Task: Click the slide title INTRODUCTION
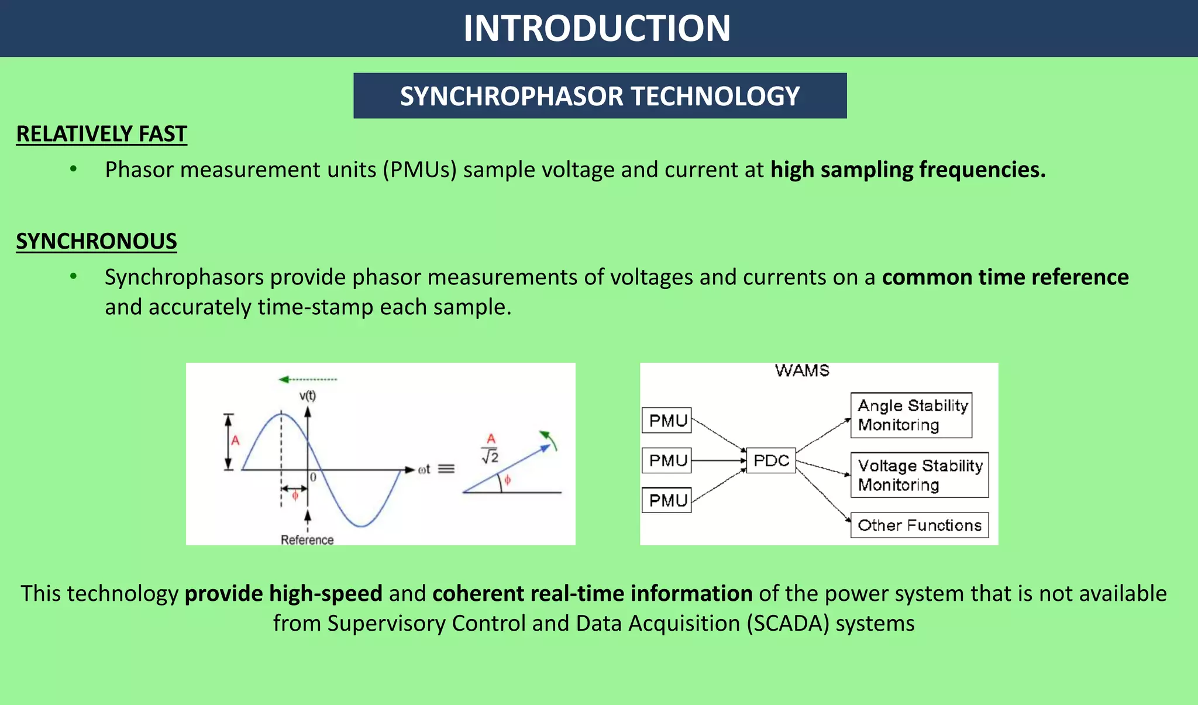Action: pos(597,28)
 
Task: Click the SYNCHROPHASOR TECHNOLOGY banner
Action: pos(600,96)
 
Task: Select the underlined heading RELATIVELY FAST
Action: pos(101,134)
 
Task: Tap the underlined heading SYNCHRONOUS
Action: pos(97,241)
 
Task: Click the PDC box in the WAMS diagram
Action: pos(771,460)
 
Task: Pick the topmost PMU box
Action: pos(667,421)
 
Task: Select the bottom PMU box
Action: pos(667,500)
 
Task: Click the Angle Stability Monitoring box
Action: pos(911,415)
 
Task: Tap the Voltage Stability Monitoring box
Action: pos(919,475)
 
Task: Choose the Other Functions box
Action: pos(919,525)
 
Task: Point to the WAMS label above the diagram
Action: pos(802,370)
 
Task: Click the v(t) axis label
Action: pos(308,396)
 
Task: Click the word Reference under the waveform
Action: pos(307,539)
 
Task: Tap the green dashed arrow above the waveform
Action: pos(308,380)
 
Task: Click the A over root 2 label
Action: pos(490,449)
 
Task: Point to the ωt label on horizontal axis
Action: pos(424,469)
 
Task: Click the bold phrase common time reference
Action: pos(1005,277)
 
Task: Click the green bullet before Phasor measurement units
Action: pos(73,170)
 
